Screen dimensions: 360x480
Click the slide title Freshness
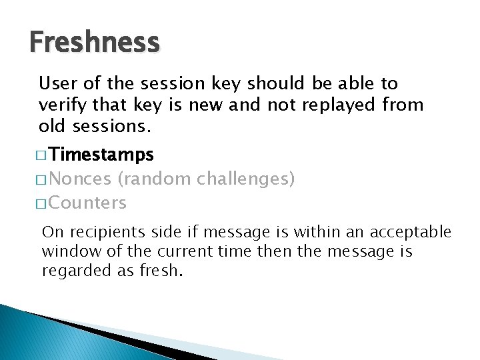coord(95,43)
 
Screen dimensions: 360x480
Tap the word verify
coord(58,105)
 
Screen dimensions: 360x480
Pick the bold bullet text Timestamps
coord(101,155)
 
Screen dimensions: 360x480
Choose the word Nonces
coord(80,179)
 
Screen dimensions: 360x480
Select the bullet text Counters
coord(87,203)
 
